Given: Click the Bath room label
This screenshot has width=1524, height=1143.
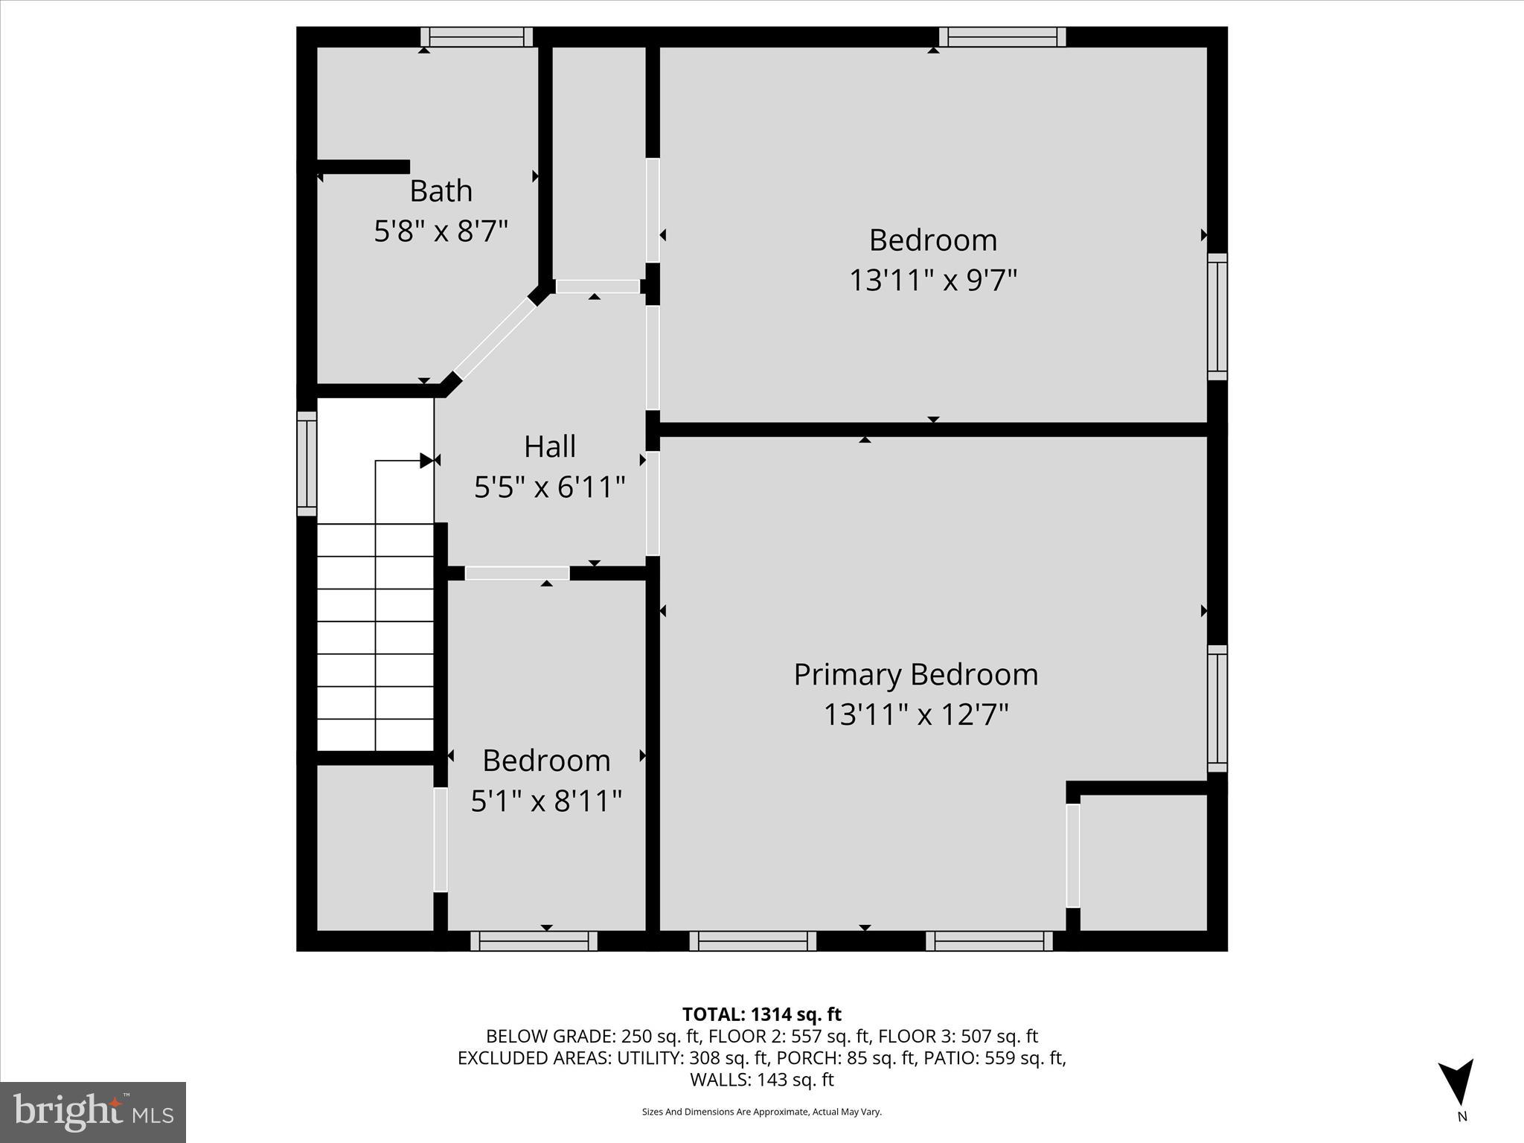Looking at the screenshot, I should [441, 191].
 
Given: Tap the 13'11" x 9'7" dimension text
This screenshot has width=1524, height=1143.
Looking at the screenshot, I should [932, 281].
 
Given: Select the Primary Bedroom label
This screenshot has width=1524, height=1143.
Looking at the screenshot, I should [915, 674].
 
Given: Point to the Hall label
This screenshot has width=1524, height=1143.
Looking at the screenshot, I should [549, 446].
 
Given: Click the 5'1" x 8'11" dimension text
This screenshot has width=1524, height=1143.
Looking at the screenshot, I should [546, 801].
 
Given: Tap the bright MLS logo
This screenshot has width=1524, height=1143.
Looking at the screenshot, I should [92, 1112].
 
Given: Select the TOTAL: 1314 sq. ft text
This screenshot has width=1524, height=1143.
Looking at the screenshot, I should [761, 1014].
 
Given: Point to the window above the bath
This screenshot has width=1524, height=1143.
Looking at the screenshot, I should [476, 37].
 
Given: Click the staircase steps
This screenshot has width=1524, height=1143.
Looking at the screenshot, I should [375, 637].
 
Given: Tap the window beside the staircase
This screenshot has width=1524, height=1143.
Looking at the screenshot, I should [307, 463].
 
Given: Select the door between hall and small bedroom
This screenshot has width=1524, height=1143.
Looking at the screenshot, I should [516, 573].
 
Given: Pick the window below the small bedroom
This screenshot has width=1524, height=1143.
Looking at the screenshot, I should [534, 941].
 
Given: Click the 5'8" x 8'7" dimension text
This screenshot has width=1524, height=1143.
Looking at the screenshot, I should [441, 231].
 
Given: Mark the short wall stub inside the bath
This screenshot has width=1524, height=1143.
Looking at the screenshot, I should [363, 167].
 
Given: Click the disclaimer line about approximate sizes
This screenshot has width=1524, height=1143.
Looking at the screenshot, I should [761, 1112].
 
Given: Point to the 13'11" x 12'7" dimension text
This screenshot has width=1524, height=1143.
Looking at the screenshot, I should [915, 715].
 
